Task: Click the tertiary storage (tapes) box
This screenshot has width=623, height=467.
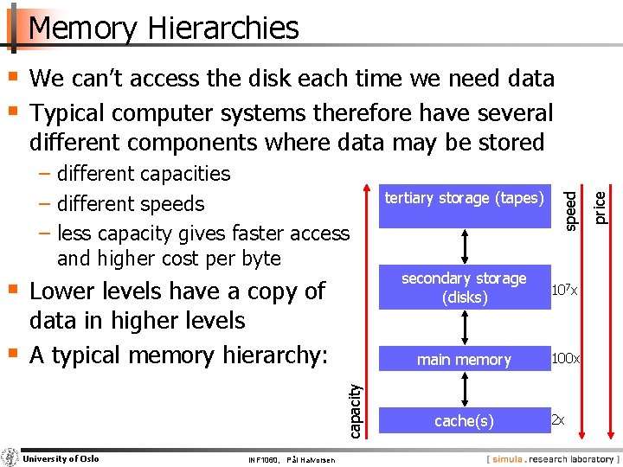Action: click(465, 199)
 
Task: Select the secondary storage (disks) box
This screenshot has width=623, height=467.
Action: click(465, 287)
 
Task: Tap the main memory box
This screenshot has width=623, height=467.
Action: click(465, 360)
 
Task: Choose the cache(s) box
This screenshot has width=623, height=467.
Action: click(465, 421)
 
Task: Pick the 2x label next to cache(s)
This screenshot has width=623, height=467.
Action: click(558, 420)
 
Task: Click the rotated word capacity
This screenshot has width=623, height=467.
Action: click(355, 408)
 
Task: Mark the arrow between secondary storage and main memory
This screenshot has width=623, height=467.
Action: click(466, 327)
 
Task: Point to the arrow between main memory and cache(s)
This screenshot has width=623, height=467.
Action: click(466, 390)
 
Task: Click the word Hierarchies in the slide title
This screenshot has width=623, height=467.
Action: click(223, 28)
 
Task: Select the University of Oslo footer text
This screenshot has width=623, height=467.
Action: click(61, 458)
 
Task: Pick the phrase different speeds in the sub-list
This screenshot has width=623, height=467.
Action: click(131, 204)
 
